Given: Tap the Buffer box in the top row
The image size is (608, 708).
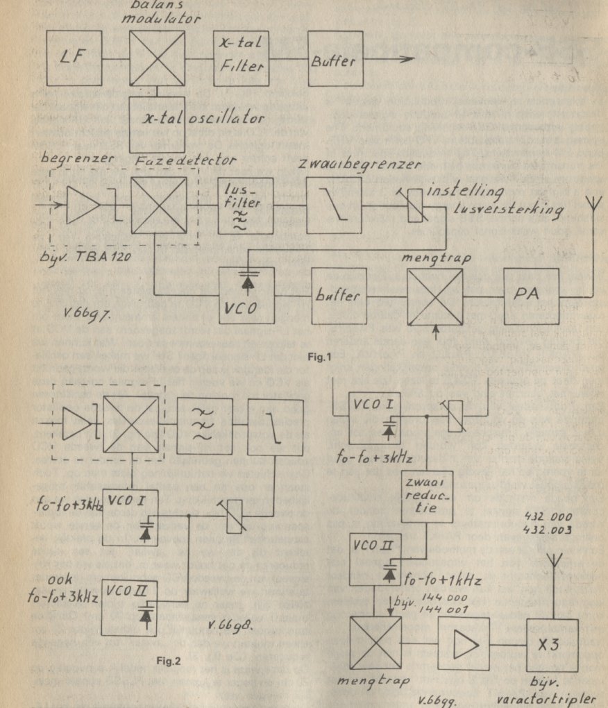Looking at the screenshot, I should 335,60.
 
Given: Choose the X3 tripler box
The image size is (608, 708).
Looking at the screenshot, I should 552,644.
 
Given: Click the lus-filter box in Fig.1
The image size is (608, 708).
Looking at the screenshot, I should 246,205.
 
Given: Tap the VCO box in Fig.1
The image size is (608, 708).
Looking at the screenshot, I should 247,294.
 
